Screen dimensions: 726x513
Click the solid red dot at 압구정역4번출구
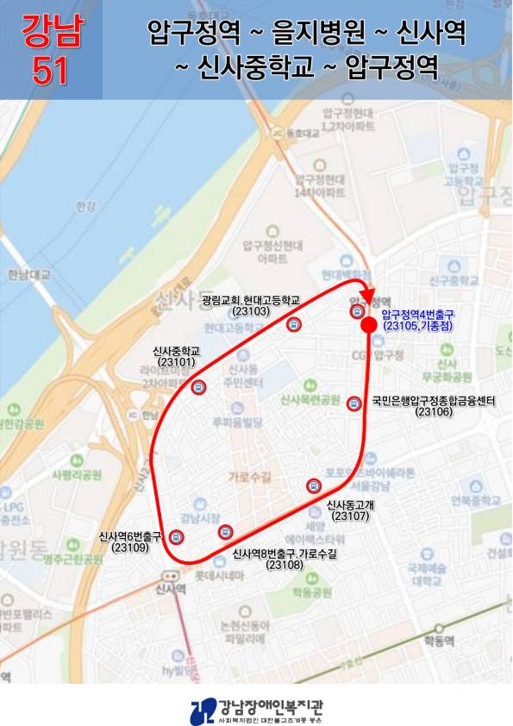368,325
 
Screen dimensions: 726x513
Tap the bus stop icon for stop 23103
293,325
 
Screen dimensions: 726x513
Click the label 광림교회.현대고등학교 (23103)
251,305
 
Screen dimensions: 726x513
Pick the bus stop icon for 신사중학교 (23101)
199,387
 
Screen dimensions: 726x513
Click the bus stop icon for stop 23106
353,404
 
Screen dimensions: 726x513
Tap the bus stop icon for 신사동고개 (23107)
313,486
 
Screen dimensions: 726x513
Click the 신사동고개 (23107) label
348,510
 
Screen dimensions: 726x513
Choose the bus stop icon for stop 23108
225,531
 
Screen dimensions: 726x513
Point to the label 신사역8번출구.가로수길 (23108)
285,559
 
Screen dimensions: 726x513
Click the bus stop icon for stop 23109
176,536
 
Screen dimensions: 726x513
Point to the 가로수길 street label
249,476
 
